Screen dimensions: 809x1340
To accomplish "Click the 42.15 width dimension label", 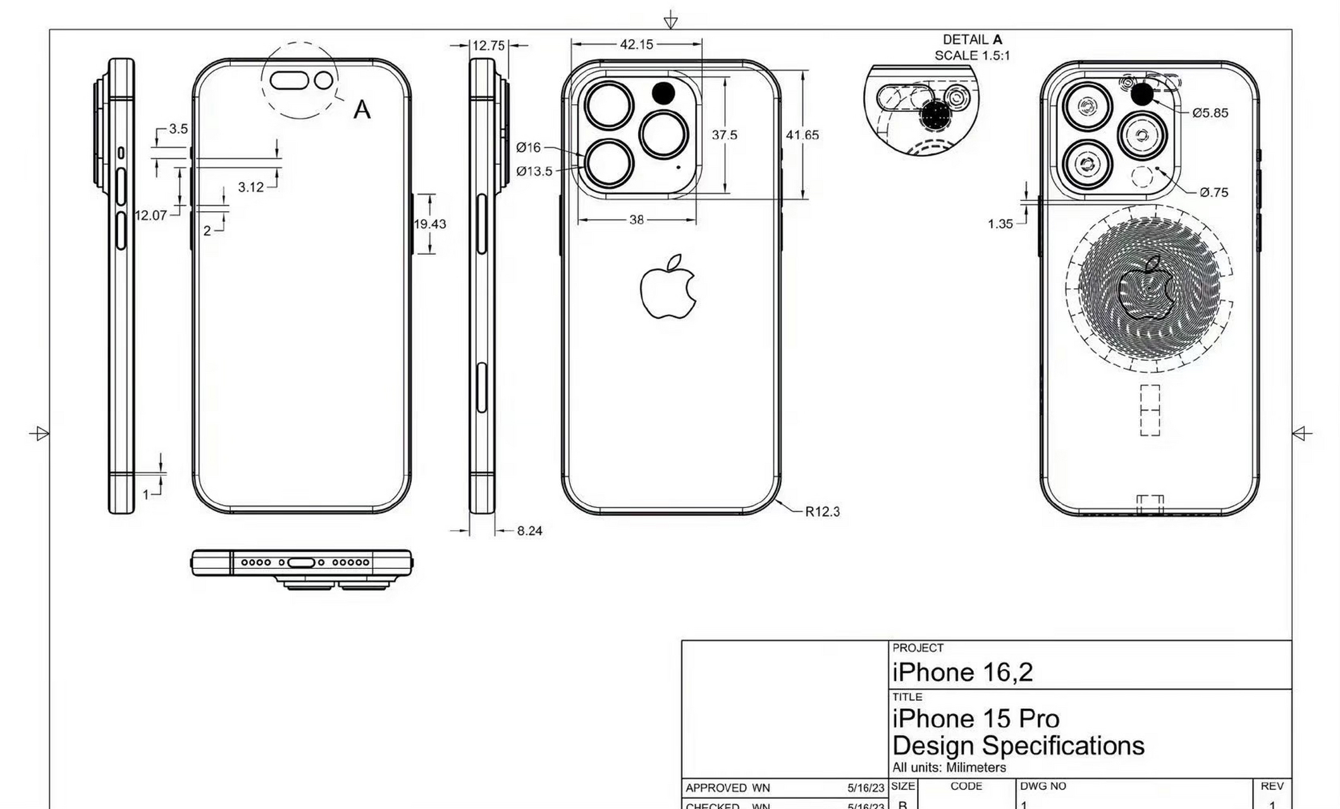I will pos(636,44).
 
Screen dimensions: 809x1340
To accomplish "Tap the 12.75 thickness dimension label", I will pos(488,46).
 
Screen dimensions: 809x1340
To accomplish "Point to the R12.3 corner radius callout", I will pos(822,511).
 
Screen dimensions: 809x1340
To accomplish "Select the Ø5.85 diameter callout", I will pos(1210,113).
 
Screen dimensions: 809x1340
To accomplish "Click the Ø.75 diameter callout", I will pos(1214,192).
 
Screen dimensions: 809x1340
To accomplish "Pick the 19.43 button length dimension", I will pos(429,224).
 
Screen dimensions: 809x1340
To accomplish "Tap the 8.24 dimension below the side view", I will pos(529,531).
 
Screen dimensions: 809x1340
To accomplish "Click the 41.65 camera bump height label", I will pos(802,135).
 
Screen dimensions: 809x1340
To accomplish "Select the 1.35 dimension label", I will pos(1000,224).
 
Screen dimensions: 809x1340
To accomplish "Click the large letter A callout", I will pos(362,110).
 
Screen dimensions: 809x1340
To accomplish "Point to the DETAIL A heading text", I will pos(972,40).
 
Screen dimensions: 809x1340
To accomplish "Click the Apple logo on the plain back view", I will pos(668,287).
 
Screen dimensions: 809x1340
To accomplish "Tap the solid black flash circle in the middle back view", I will pos(663,94).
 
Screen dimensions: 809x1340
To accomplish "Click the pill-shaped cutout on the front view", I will pos(289,80).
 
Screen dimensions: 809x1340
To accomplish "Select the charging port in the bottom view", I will pos(300,563).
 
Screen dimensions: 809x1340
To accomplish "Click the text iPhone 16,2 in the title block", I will pos(962,672).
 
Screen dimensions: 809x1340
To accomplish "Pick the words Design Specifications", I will pos(1018,746).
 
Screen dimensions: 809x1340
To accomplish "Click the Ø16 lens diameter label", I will pos(528,147).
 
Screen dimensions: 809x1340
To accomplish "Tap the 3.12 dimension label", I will pos(250,187).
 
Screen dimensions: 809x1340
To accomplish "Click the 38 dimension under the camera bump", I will pos(636,220).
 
